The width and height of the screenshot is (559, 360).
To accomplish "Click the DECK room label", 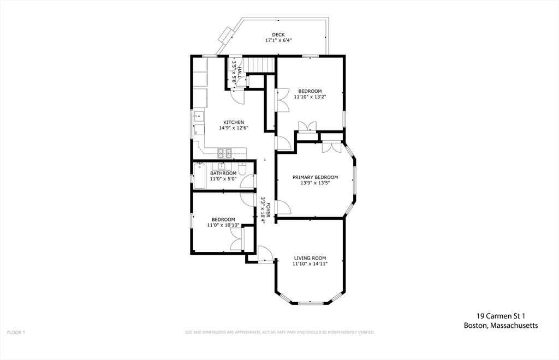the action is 278,34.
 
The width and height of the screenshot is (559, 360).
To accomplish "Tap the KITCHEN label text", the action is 234,122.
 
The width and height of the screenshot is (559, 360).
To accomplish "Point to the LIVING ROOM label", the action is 310,258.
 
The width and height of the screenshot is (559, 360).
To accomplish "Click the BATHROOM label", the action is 223,173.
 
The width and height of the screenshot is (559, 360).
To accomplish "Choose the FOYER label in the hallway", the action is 269,210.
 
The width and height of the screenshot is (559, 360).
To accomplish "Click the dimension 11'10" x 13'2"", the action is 310,97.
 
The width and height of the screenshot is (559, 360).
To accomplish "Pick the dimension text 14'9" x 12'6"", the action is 234,128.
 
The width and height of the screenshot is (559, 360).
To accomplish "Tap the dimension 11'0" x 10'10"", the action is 223,225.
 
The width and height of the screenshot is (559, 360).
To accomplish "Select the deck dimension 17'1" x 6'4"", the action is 278,40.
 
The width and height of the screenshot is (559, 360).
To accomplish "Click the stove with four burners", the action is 224,153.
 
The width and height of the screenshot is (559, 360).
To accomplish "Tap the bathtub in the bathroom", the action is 199,176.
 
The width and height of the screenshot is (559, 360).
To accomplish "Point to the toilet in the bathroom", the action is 242,169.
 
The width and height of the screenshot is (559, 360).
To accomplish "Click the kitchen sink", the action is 199,116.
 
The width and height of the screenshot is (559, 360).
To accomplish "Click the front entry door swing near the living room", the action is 266,254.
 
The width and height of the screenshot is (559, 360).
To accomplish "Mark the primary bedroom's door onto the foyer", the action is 284,207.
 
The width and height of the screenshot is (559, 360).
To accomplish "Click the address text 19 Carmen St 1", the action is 501,316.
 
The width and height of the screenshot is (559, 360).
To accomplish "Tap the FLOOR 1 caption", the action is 16,333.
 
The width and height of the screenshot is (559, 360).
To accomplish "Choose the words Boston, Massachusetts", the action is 501,326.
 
